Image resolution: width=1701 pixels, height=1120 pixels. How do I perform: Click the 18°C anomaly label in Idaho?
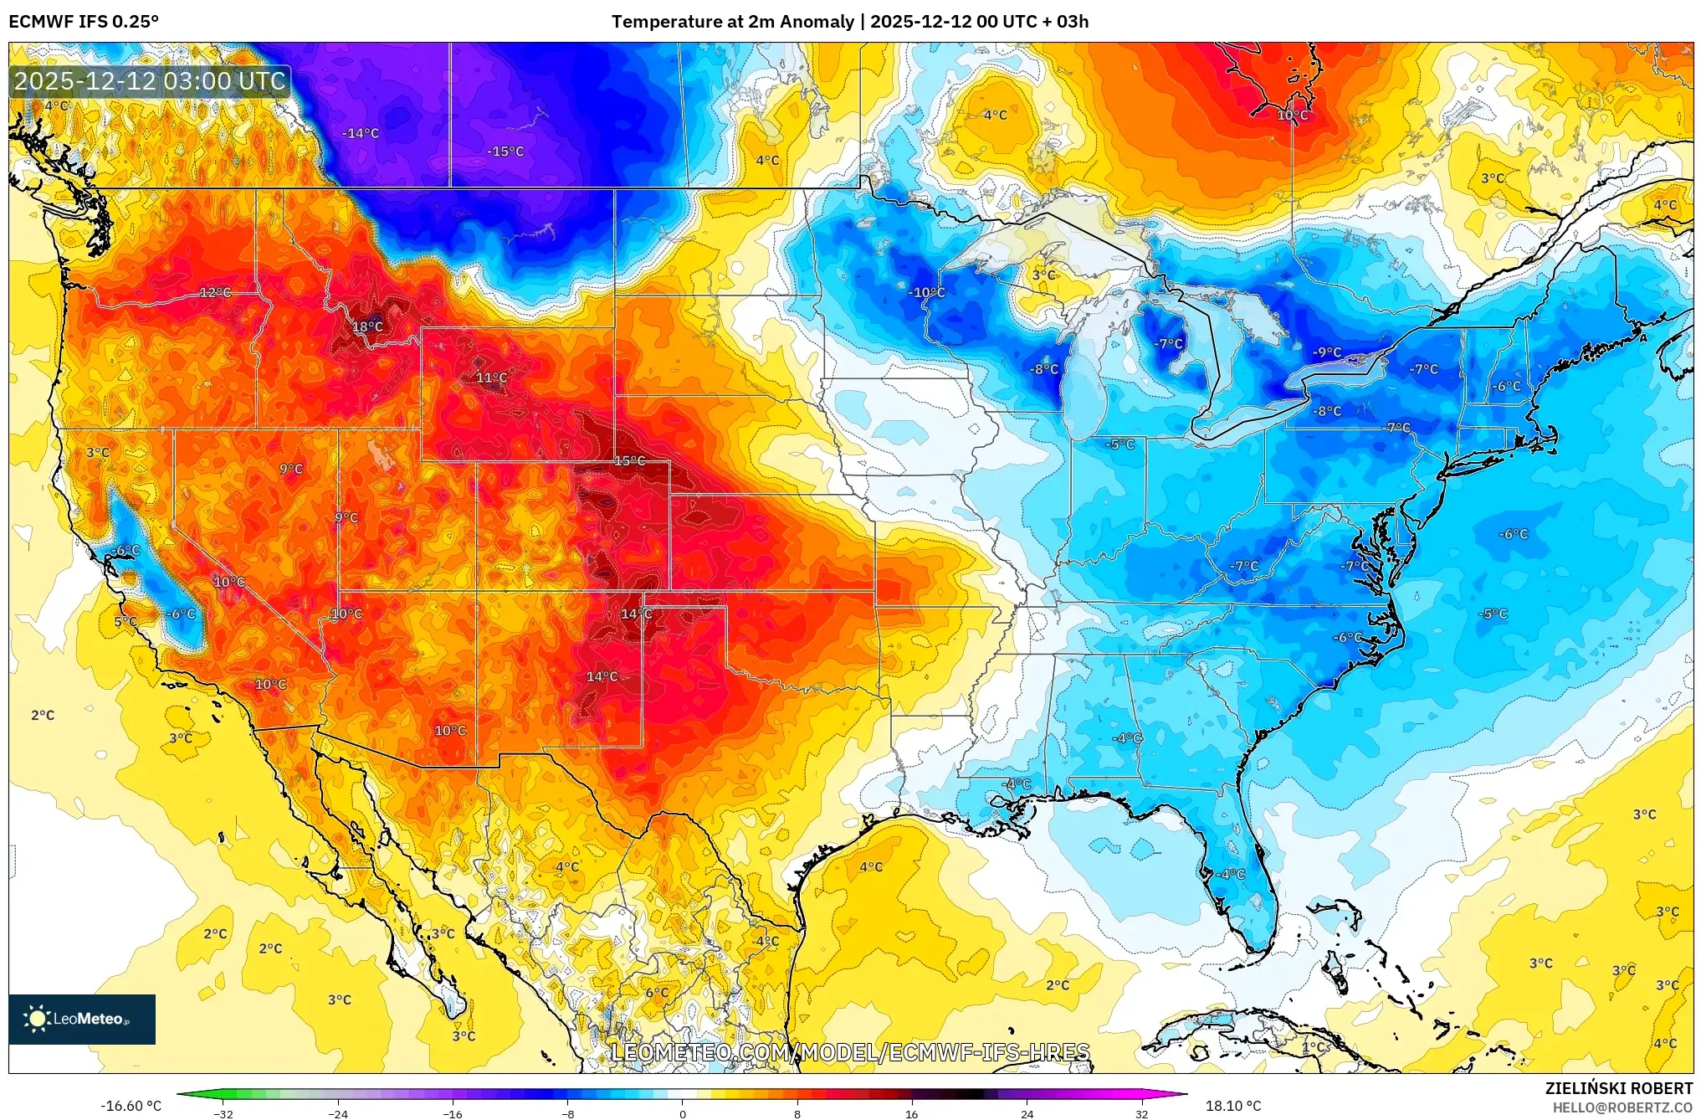(367, 326)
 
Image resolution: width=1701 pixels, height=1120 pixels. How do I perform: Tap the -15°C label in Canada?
(505, 152)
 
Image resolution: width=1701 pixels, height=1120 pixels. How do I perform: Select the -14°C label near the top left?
(361, 133)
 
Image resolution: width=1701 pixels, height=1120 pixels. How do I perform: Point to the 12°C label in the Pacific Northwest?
(215, 292)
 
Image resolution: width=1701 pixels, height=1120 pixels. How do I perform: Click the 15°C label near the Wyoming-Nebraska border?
(629, 461)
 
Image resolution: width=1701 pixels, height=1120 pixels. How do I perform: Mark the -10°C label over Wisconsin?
(926, 292)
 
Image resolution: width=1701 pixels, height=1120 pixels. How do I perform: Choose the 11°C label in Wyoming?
(491, 378)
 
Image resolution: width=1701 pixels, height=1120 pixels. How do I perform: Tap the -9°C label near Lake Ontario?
(1327, 352)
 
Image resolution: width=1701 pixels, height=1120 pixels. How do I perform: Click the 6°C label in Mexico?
(657, 993)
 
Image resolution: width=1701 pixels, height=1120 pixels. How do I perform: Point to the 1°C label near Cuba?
(1314, 1047)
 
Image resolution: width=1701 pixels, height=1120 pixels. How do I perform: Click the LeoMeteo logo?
(82, 1019)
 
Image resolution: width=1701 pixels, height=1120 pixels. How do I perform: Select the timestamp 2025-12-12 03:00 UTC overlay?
(150, 81)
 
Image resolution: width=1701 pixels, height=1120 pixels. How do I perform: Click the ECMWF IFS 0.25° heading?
(84, 22)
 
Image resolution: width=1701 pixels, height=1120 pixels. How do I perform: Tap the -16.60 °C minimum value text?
(131, 1106)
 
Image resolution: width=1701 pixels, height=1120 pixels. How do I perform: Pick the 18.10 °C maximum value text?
(1232, 1106)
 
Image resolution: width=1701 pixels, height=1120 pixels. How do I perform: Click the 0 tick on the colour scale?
(682, 1113)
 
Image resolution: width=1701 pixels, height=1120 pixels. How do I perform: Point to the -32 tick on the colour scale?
(223, 1113)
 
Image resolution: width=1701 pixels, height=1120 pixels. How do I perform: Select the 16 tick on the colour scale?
(911, 1113)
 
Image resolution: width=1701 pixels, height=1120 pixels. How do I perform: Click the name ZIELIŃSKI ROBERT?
(1618, 1088)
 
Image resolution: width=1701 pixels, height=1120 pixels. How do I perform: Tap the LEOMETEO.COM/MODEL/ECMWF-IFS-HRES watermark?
(850, 1052)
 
